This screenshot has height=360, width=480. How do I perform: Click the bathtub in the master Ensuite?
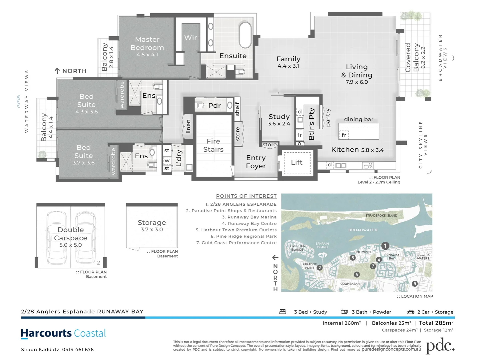(245, 35)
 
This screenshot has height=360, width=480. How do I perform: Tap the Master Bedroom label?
(147, 43)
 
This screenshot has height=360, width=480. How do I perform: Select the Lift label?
(296, 162)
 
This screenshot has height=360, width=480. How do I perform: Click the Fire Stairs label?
(213, 145)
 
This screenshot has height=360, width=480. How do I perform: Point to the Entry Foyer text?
(255, 162)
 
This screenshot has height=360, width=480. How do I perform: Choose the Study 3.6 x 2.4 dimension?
(279, 124)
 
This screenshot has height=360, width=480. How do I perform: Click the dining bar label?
(359, 119)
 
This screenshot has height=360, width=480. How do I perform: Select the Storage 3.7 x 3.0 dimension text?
(152, 230)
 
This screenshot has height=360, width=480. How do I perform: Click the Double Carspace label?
(71, 234)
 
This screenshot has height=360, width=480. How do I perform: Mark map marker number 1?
(385, 246)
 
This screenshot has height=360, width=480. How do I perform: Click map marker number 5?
(415, 284)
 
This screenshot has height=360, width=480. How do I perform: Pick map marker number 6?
(357, 274)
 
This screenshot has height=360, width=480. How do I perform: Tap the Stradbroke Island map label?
(381, 216)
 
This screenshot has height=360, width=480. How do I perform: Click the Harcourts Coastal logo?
(63, 334)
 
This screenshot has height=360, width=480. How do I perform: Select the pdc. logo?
(440, 346)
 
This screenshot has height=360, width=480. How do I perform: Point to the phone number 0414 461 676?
(78, 350)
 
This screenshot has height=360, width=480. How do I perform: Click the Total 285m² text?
(436, 323)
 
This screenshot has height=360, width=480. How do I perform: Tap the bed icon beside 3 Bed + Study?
(282, 312)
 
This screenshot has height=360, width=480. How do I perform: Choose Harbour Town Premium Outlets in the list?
(236, 230)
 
